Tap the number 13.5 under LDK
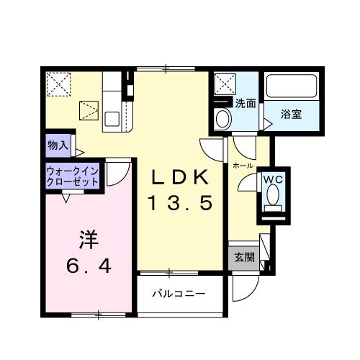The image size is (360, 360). (x=181, y=204)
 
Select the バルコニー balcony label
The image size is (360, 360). (x=179, y=294)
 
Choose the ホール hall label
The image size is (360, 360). (x=242, y=165)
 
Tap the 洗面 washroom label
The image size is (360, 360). (x=246, y=103)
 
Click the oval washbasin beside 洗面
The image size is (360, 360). (x=223, y=118)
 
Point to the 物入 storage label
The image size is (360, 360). (x=58, y=145)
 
